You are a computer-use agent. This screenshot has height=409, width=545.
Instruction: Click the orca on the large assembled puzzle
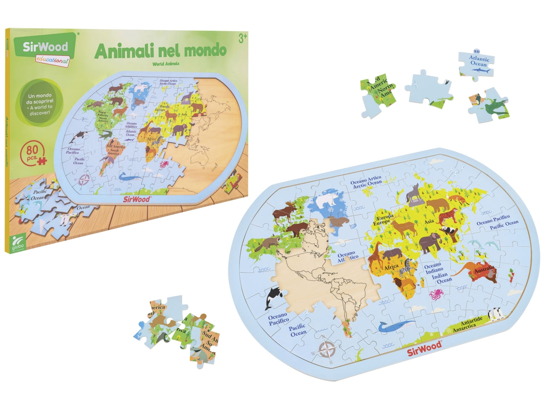click(272, 297)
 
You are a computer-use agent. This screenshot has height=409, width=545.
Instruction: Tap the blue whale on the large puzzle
click(396, 326)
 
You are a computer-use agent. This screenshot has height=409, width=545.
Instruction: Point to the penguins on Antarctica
click(496, 314)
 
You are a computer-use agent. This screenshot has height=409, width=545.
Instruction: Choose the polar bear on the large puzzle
click(328, 200)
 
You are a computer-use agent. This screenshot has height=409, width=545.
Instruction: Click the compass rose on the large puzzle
click(327, 350)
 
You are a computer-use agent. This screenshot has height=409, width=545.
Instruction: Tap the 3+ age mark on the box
click(242, 38)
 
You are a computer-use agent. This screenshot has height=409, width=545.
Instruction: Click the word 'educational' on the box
click(52, 60)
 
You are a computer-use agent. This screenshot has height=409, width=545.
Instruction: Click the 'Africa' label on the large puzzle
click(391, 266)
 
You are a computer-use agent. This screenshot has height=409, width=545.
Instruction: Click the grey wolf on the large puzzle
click(413, 193)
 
